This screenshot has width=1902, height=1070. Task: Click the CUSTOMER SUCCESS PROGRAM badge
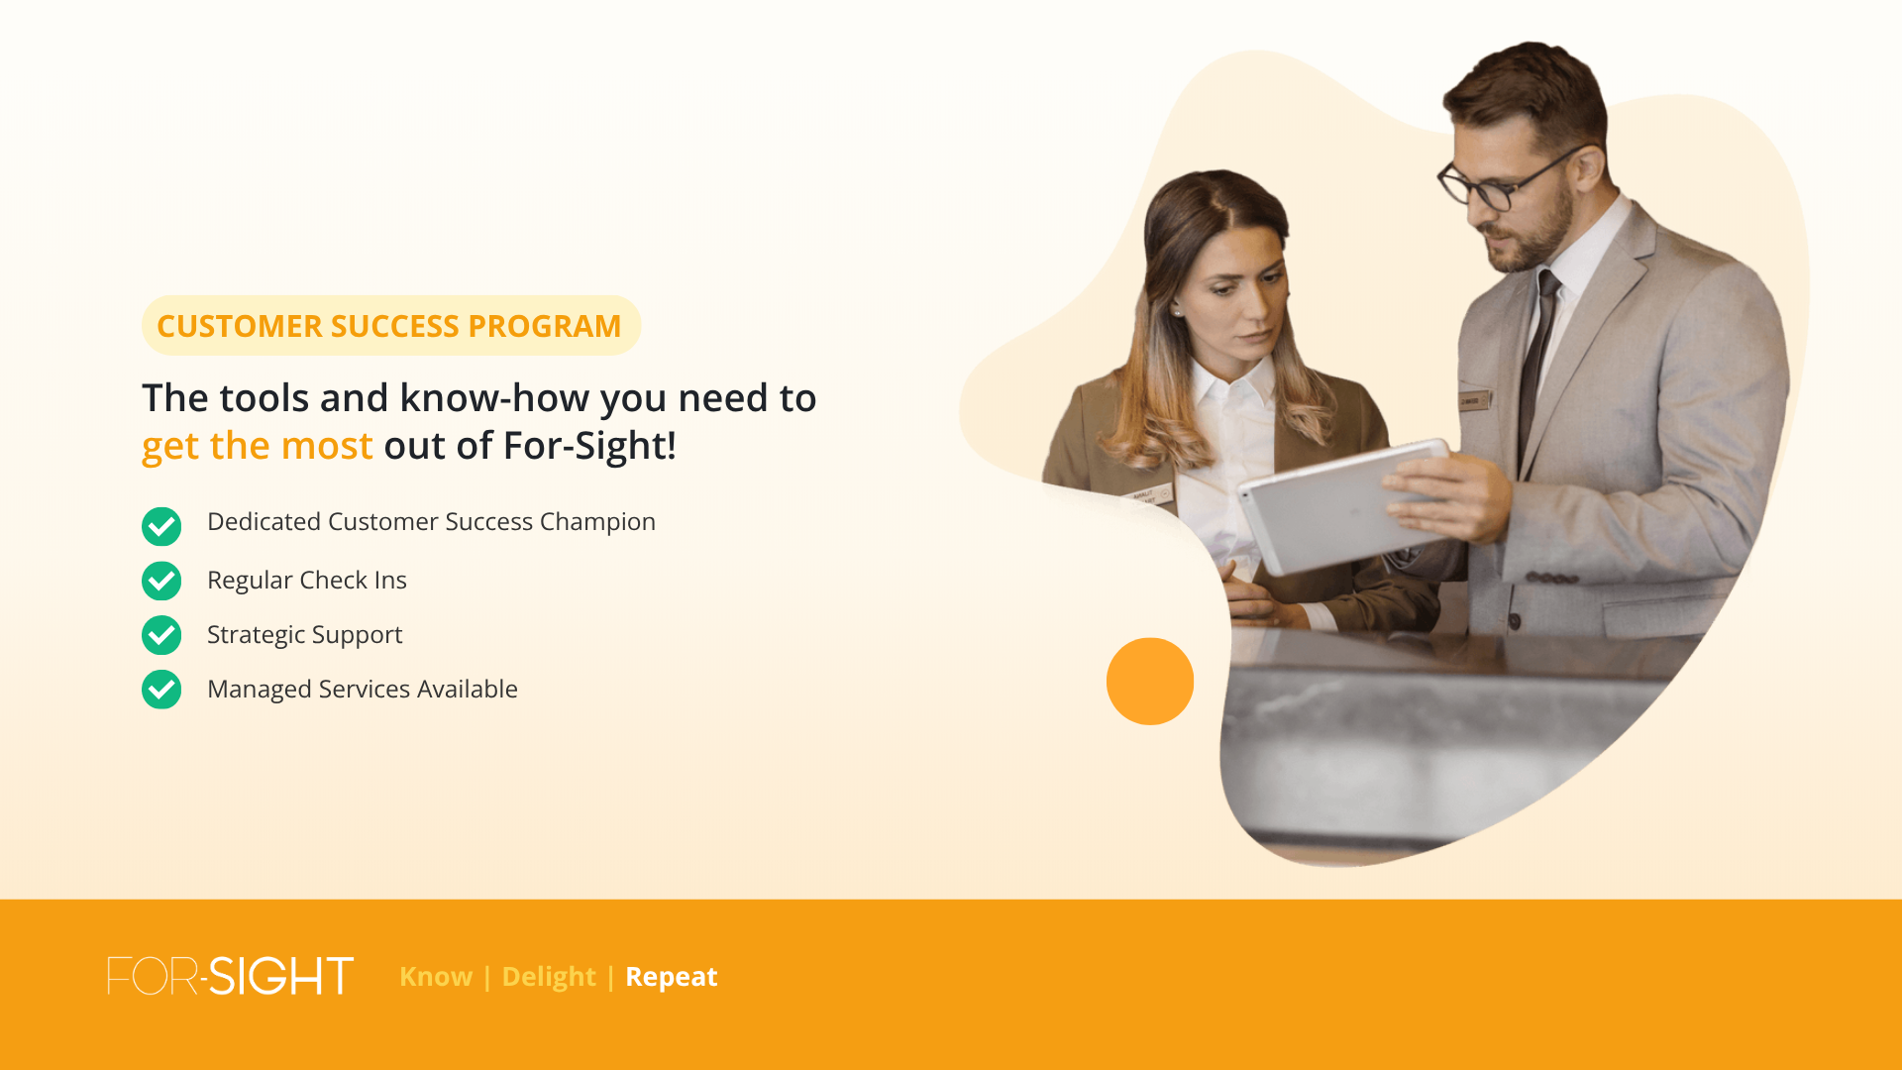pyautogui.click(x=390, y=325)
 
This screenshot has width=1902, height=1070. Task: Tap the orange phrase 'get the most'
pyautogui.click(x=258, y=446)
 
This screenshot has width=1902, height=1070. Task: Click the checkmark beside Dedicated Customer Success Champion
pyautogui.click(x=161, y=526)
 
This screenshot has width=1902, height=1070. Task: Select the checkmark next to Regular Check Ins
pyautogui.click(x=161, y=581)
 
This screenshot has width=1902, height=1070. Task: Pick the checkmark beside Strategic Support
pyautogui.click(x=161, y=635)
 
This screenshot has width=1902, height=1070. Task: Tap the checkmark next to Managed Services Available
pyautogui.click(x=161, y=690)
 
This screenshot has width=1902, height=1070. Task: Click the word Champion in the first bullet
pyautogui.click(x=597, y=522)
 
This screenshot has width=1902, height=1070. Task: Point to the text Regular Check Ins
pyautogui.click(x=307, y=580)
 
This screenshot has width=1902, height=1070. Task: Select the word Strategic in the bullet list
pyautogui.click(x=256, y=635)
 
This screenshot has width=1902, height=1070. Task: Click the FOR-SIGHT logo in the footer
pyautogui.click(x=230, y=976)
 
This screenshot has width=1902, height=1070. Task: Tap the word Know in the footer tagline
pyautogui.click(x=436, y=977)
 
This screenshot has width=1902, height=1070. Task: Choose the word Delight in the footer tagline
pyautogui.click(x=549, y=978)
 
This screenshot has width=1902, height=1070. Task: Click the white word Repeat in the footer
pyautogui.click(x=672, y=978)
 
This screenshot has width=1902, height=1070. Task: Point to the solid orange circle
pyautogui.click(x=1150, y=682)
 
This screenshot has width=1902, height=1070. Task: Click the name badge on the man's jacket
pyautogui.click(x=1473, y=401)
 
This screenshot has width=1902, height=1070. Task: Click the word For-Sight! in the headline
pyautogui.click(x=589, y=446)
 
